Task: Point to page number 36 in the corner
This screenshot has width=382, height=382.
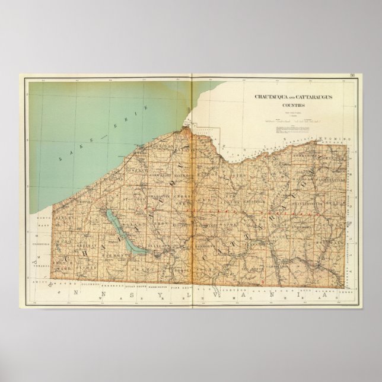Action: [352, 75]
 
